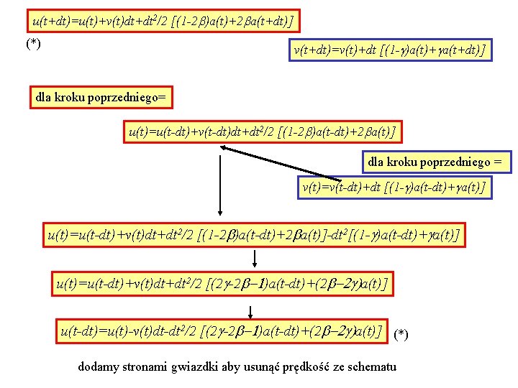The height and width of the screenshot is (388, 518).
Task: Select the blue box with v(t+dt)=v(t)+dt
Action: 390,50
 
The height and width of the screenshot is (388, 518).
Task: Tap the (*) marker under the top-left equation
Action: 33,45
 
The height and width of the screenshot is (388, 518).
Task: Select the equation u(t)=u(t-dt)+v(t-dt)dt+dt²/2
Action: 262,132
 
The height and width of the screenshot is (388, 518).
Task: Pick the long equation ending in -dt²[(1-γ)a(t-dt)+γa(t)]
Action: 253,235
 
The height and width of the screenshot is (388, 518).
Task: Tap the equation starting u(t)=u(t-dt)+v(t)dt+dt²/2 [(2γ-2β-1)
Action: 222,284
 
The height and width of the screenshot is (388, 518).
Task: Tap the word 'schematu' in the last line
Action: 371,367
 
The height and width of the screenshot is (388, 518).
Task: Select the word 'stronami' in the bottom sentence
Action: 145,367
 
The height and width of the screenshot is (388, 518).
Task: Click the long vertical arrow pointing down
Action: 221,183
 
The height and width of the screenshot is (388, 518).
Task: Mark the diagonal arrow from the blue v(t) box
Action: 281,163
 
